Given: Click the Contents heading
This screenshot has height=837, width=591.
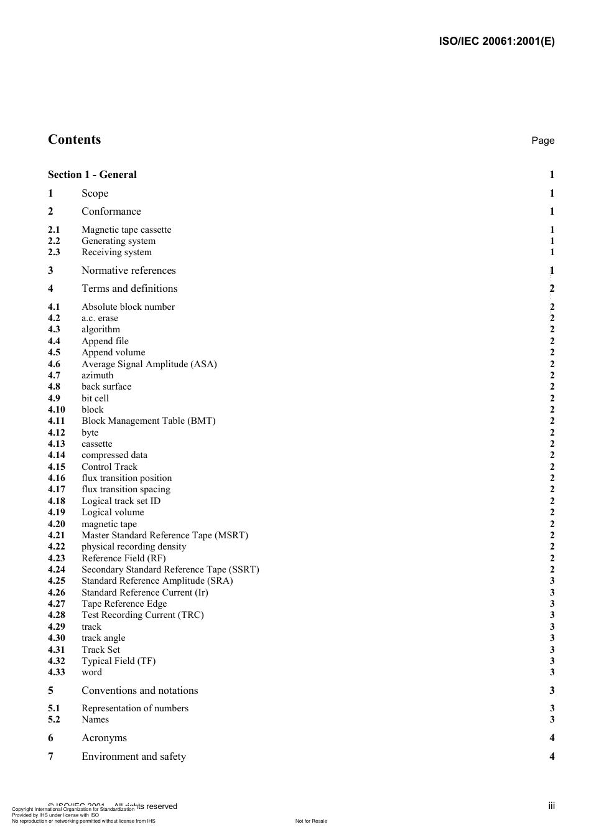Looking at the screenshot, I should pyautogui.click(x=74, y=140).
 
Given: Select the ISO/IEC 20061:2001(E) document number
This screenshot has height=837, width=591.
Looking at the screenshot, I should pyautogui.click(x=496, y=42).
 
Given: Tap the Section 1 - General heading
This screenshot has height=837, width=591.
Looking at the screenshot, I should pyautogui.click(x=92, y=175).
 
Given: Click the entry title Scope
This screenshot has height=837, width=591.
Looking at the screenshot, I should pyautogui.click(x=95, y=194).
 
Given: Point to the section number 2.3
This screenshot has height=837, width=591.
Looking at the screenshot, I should pyautogui.click(x=54, y=253).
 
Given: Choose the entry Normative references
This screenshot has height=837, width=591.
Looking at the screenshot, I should pyautogui.click(x=128, y=271).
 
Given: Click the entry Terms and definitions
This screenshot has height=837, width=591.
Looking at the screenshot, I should pyautogui.click(x=129, y=289).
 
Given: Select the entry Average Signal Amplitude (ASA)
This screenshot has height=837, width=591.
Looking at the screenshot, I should pyautogui.click(x=149, y=364).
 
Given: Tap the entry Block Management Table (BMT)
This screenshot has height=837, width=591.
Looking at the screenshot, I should pyautogui.click(x=148, y=421).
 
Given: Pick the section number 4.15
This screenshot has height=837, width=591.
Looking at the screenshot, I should pyautogui.click(x=57, y=467).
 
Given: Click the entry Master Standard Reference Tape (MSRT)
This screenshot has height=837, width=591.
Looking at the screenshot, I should pyautogui.click(x=164, y=535).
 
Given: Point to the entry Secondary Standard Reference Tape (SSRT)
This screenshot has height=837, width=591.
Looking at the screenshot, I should pyautogui.click(x=170, y=569).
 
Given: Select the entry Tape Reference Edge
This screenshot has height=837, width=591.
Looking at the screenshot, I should pyautogui.click(x=124, y=604).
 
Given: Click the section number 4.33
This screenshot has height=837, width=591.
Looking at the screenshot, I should pyautogui.click(x=57, y=672).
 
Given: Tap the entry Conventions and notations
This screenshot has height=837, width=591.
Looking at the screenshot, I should pyautogui.click(x=139, y=691).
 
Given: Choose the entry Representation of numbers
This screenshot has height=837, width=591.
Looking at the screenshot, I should pyautogui.click(x=134, y=708).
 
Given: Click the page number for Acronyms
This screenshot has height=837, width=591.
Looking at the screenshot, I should pyautogui.click(x=552, y=738).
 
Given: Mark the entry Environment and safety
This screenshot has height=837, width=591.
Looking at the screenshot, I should pyautogui.click(x=133, y=757).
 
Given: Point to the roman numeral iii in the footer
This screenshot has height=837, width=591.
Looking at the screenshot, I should pyautogui.click(x=551, y=806).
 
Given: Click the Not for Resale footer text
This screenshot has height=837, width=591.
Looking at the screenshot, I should pyautogui.click(x=311, y=821).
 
